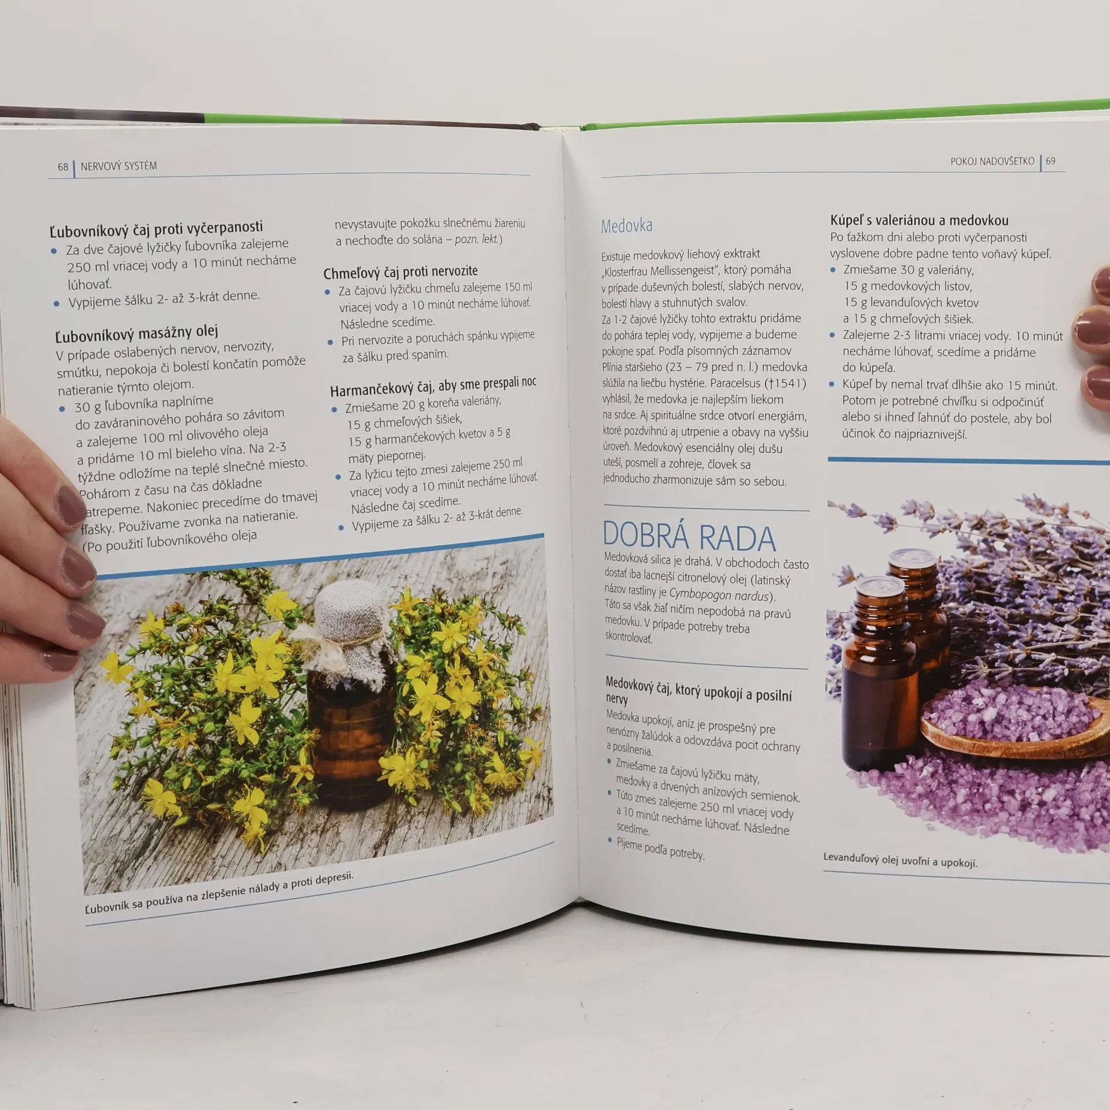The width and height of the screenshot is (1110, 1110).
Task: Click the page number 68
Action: tap(63, 167)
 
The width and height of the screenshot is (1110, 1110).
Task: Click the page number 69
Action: tap(1050, 161)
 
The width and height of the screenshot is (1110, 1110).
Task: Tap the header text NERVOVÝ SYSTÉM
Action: tap(119, 166)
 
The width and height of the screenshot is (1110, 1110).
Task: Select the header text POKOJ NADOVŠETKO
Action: tap(992, 161)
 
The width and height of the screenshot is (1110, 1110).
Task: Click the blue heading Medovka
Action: tap(627, 226)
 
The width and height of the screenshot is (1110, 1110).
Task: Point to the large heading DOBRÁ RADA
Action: tap(689, 536)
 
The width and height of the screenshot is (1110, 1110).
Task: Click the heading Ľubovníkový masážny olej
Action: tap(136, 334)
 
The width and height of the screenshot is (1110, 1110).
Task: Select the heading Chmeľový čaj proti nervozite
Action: tap(401, 272)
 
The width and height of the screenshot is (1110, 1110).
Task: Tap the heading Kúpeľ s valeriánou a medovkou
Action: tap(919, 220)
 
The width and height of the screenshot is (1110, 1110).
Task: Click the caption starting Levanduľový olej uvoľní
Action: tap(900, 860)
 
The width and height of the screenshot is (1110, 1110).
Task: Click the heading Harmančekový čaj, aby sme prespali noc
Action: tap(433, 386)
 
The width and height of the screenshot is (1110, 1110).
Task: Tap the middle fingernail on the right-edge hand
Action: tap(1093, 327)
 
